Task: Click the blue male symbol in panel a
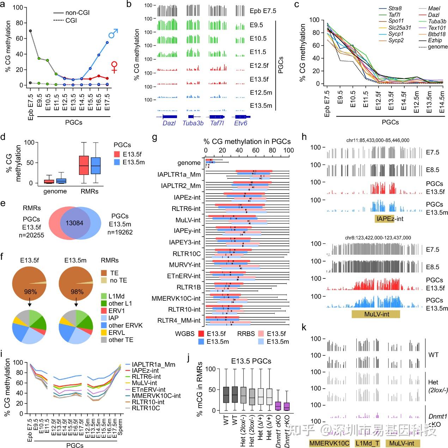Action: pyautogui.click(x=113, y=34)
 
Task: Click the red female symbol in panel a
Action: pyautogui.click(x=114, y=67)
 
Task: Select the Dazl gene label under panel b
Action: pyautogui.click(x=169, y=123)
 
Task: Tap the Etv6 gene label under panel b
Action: pyautogui.click(x=241, y=123)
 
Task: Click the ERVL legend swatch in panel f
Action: pyautogui.click(x=104, y=332)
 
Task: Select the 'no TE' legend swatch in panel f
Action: pyautogui.click(x=104, y=281)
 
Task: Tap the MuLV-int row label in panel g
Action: pyautogui.click(x=188, y=220)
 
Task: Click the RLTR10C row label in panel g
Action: pyautogui.click(x=187, y=254)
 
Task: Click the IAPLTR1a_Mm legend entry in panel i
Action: pyautogui.click(x=153, y=365)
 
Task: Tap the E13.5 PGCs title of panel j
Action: pyautogui.click(x=251, y=361)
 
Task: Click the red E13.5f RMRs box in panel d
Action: pyautogui.click(x=84, y=165)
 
